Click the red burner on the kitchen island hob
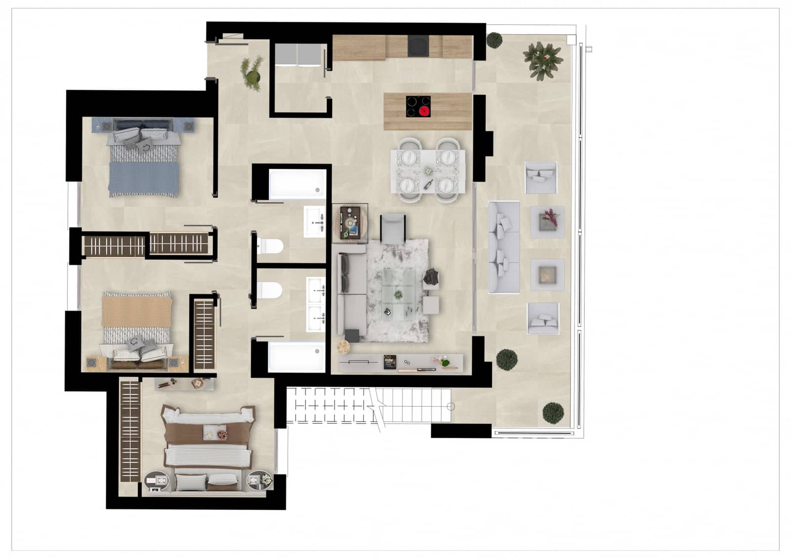424,110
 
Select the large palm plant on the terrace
543,60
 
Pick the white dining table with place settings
428,171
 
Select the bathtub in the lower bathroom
296,357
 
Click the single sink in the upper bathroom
314,222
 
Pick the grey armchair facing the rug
394,229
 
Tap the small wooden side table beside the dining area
350,223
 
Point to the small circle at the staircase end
451,407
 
